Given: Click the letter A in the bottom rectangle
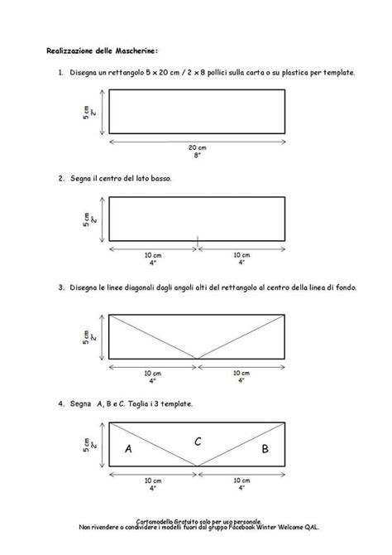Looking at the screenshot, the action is [127, 449].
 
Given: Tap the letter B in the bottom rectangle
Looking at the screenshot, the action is [265, 450].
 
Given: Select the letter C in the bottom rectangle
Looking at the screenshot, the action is [198, 441].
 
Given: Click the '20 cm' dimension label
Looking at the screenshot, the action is [197, 146].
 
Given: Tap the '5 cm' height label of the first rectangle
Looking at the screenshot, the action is [86, 111].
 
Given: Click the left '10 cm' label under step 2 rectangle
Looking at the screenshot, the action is [153, 254].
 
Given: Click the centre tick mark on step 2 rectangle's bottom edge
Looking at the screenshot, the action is [197, 240].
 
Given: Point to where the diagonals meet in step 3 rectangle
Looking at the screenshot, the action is [197, 358].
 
